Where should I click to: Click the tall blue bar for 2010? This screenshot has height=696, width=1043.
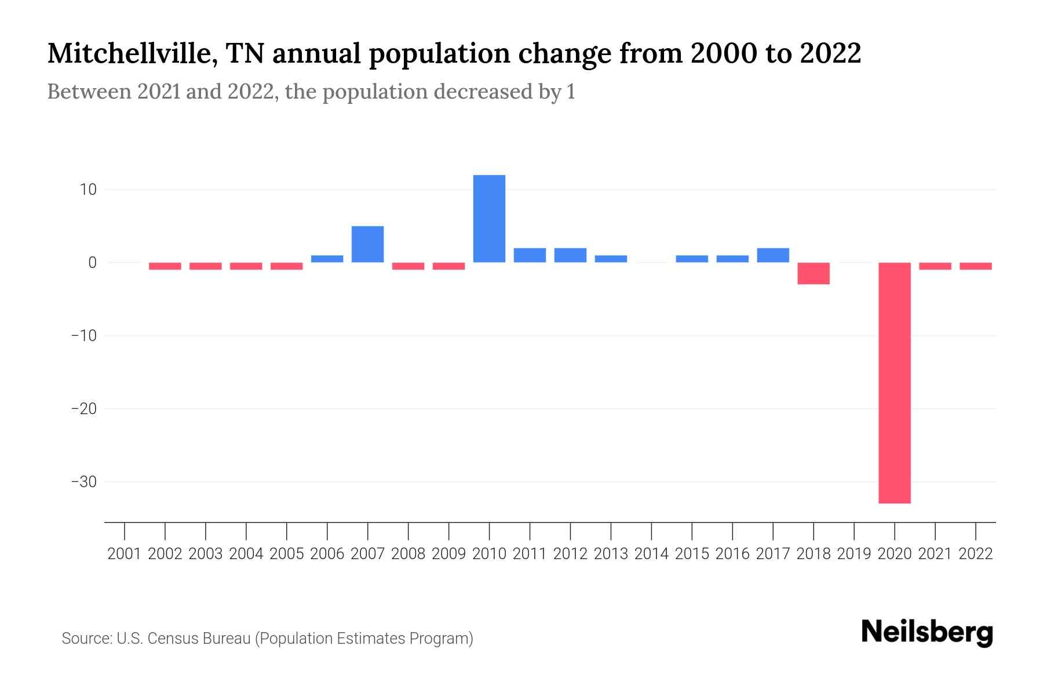(x=489, y=219)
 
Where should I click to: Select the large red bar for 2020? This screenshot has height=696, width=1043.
(x=895, y=383)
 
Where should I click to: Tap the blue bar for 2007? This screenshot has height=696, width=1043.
(x=367, y=244)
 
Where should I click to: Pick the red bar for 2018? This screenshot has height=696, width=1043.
(x=814, y=273)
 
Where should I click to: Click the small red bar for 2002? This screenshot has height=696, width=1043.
(x=165, y=266)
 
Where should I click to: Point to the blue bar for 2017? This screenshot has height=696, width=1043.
(x=773, y=255)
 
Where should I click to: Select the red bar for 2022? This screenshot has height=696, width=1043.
(x=976, y=266)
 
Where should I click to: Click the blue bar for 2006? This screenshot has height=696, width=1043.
(x=327, y=259)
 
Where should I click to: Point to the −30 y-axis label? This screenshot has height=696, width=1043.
(x=83, y=482)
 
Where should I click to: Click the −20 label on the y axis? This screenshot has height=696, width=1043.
(x=83, y=409)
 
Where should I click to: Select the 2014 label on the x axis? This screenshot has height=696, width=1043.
(x=651, y=554)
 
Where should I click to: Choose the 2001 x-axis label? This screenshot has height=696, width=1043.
(x=125, y=554)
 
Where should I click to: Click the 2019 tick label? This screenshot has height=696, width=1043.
(x=854, y=554)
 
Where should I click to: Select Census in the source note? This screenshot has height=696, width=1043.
(x=174, y=639)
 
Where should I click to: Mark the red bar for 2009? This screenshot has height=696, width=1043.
(x=448, y=266)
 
